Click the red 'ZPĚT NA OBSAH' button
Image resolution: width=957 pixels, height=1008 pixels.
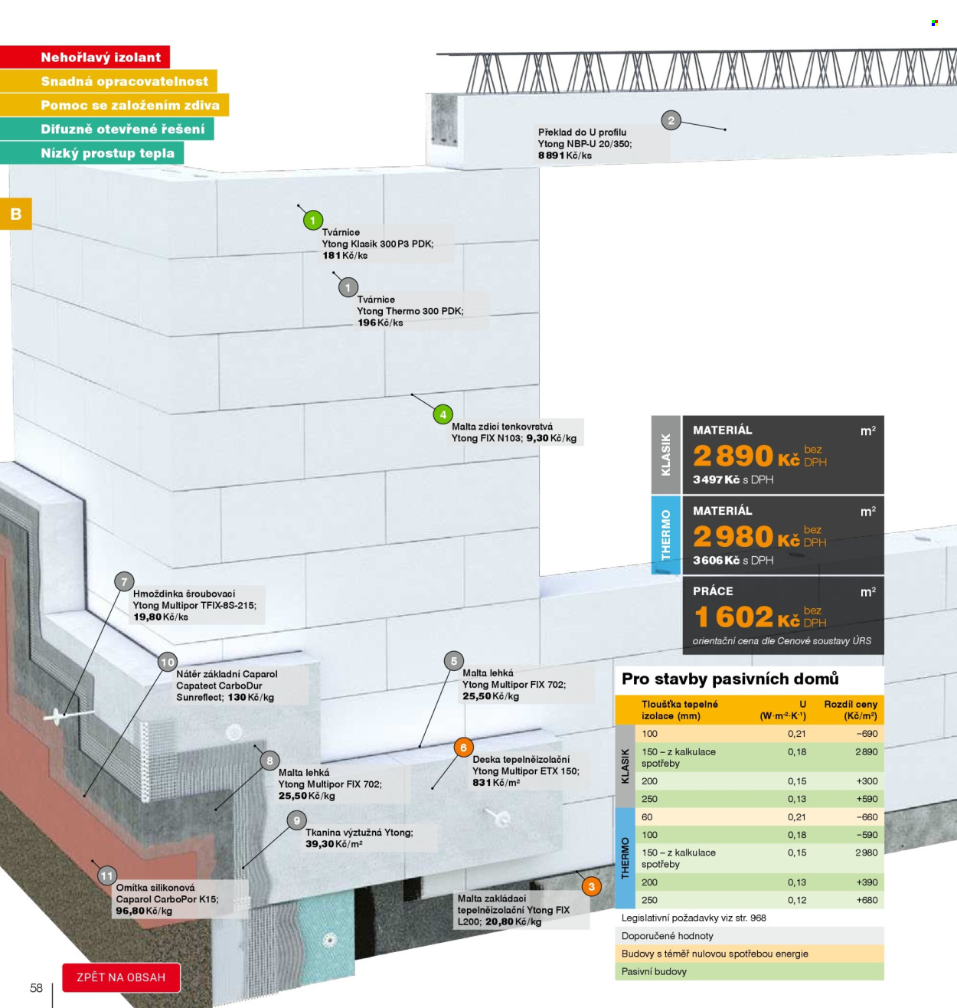121,977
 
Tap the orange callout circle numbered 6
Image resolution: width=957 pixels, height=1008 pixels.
463,748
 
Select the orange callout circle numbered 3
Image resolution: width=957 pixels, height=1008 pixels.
591,886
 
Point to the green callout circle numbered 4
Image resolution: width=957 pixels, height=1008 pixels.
443,414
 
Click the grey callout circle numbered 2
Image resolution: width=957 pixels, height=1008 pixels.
671,121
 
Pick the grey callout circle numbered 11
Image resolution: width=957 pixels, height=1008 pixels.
106,875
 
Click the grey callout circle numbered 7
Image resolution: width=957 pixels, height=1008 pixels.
124,582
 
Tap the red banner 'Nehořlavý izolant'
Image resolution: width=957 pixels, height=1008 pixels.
84,57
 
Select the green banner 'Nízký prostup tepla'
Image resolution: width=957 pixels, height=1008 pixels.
92,152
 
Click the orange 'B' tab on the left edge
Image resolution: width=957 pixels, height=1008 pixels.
16,214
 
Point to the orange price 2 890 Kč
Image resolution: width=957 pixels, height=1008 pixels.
746,456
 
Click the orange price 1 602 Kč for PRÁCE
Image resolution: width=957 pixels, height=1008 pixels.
746,617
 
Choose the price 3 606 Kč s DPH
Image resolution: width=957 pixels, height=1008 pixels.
733,561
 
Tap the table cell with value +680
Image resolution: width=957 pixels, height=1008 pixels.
867,900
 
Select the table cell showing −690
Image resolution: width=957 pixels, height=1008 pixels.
867,734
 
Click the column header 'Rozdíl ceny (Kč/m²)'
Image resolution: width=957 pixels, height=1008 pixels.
851,710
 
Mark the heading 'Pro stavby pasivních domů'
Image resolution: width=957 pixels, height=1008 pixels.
730,679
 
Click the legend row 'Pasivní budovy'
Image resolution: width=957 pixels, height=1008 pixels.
654,971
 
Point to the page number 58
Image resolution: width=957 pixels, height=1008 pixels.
36,988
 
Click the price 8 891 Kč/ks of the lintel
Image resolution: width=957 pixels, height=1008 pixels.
564,155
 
